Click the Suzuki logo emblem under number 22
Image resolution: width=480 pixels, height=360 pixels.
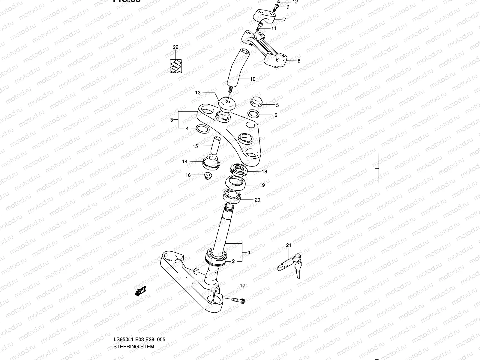[x=175, y=66]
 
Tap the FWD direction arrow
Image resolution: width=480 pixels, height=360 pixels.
[x=140, y=291]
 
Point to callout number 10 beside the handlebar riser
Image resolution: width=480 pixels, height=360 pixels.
[x=253, y=79]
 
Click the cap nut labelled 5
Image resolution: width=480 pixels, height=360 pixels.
[x=256, y=102]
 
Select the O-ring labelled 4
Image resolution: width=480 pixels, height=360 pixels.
[x=202, y=129]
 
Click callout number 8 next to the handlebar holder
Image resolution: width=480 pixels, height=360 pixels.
[x=299, y=61]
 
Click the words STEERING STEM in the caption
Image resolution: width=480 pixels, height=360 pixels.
[x=134, y=346]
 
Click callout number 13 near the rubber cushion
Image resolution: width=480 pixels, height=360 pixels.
[x=198, y=93]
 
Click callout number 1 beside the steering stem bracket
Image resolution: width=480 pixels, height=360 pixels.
[x=249, y=253]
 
